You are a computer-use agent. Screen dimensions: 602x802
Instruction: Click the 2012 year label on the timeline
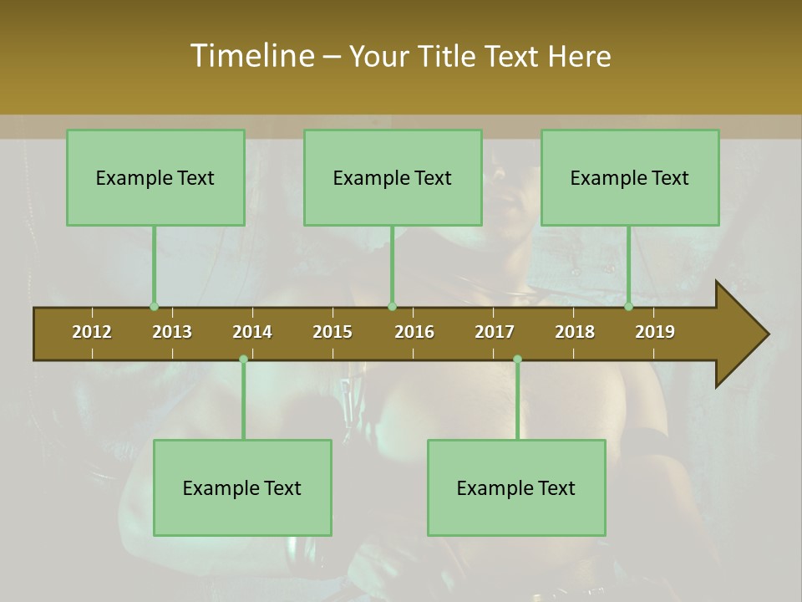(92, 332)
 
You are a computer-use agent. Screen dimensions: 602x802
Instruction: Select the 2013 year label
(172, 332)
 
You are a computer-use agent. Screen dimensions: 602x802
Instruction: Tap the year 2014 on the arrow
(252, 332)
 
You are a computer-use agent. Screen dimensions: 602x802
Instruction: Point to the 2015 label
(332, 332)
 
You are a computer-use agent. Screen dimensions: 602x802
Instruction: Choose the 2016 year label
(414, 332)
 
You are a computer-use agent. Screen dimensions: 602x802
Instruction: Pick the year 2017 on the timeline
(495, 332)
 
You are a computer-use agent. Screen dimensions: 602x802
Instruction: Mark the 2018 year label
(575, 332)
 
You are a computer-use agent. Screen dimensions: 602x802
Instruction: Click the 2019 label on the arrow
(655, 332)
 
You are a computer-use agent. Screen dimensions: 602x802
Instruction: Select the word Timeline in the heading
(251, 56)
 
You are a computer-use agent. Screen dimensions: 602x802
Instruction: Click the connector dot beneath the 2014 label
(243, 359)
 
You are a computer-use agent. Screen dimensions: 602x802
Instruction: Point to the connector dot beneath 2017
(517, 359)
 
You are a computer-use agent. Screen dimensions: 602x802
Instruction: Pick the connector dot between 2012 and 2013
(154, 306)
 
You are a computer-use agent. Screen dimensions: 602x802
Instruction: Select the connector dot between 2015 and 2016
(392, 306)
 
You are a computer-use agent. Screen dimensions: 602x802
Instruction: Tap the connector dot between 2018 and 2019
(629, 306)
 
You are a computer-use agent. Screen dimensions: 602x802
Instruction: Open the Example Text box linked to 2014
(242, 487)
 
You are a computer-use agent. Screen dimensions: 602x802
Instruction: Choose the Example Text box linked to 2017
(516, 487)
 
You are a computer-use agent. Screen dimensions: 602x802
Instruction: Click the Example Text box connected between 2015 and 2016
(393, 177)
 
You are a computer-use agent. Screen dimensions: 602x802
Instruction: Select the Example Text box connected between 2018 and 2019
(630, 177)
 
